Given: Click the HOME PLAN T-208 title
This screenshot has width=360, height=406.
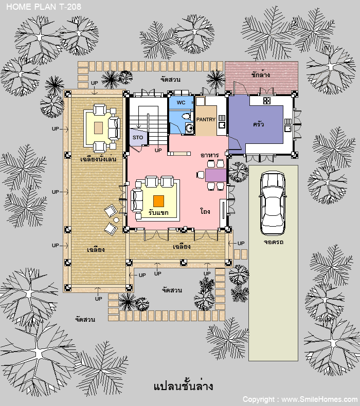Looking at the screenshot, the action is [x=44, y=7].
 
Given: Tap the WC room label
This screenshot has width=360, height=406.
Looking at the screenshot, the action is [x=181, y=103].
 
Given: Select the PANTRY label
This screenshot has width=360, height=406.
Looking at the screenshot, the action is [x=206, y=119].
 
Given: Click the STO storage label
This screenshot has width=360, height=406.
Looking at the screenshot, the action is [x=138, y=138].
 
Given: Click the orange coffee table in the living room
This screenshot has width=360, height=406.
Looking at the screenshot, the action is [x=158, y=201].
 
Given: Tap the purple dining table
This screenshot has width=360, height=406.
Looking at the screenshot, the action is [x=215, y=175].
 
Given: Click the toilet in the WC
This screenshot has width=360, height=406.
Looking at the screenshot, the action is [x=187, y=116].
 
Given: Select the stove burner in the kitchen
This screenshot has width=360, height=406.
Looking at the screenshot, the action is [x=267, y=100].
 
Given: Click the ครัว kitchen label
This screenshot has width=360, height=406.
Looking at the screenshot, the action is [x=258, y=124].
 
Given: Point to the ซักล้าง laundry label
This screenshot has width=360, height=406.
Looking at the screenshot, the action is [x=260, y=75].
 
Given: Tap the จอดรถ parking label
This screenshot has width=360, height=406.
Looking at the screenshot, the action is [x=274, y=242].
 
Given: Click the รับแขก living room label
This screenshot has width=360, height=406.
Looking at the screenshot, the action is [x=158, y=213].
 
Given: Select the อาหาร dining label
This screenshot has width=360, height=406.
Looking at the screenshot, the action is [x=210, y=155].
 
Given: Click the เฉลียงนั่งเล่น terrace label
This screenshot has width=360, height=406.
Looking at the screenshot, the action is [x=98, y=159].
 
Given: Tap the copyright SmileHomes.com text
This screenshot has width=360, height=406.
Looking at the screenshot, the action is [x=300, y=399].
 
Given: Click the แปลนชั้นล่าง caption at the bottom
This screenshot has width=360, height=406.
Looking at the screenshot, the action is [x=183, y=386].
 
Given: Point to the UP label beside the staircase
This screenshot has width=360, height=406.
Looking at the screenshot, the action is [x=158, y=150].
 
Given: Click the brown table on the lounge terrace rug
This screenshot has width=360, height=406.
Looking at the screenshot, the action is [x=99, y=127].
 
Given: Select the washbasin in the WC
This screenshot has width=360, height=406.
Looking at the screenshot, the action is [x=189, y=128].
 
